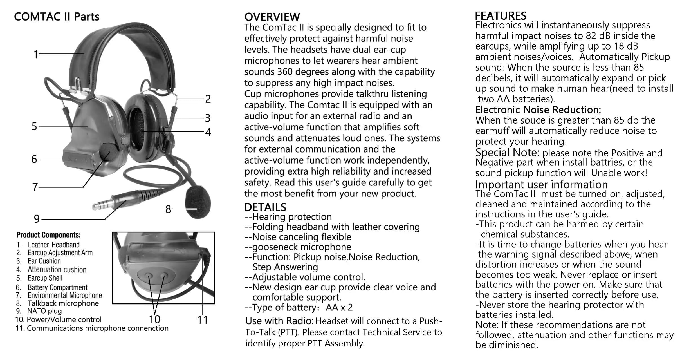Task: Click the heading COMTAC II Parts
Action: pyautogui.click(x=57, y=17)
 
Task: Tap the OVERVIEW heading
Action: pyautogui.click(x=272, y=17)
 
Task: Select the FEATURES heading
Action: pyautogui.click(x=501, y=15)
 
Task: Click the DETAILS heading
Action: pyautogui.click(x=265, y=207)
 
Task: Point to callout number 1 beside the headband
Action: pyautogui.click(x=35, y=54)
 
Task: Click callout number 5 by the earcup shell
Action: pyautogui.click(x=34, y=127)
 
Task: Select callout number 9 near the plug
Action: pyautogui.click(x=37, y=219)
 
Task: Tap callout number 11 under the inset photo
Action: pyautogui.click(x=202, y=320)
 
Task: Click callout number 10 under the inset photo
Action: pyautogui.click(x=154, y=319)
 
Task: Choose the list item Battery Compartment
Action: pyautogui.click(x=57, y=287)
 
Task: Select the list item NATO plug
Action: pyautogui.click(x=44, y=311)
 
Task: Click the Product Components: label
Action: pyautogui.click(x=48, y=235)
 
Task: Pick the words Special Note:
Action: pyautogui.click(x=507, y=153)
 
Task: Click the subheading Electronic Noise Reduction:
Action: pyautogui.click(x=538, y=109)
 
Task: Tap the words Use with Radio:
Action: pyautogui.click(x=279, y=321)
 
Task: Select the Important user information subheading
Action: pyautogui.click(x=541, y=185)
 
